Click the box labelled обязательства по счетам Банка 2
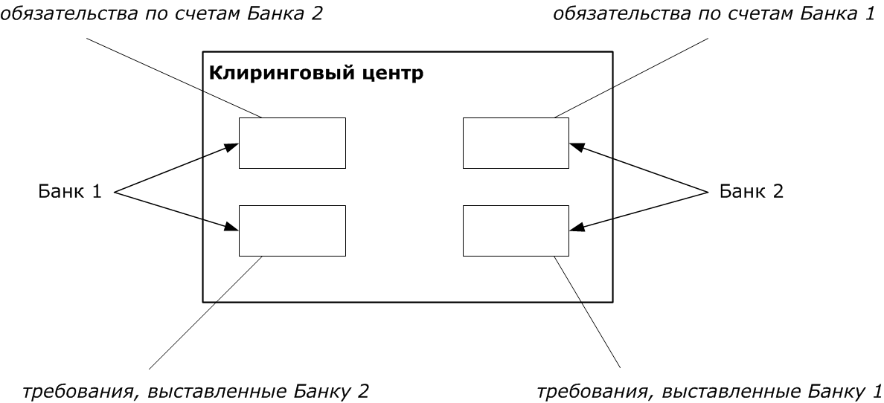tap(292, 143)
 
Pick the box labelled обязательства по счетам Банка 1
tap(516, 143)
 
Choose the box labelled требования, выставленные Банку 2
tap(292, 230)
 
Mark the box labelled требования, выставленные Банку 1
tap(516, 230)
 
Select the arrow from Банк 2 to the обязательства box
tap(636, 169)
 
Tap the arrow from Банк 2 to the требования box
tap(636, 212)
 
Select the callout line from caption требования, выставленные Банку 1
tap(588, 312)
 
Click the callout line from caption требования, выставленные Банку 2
tap(207, 312)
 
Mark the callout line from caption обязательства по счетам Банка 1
tap(632, 78)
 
